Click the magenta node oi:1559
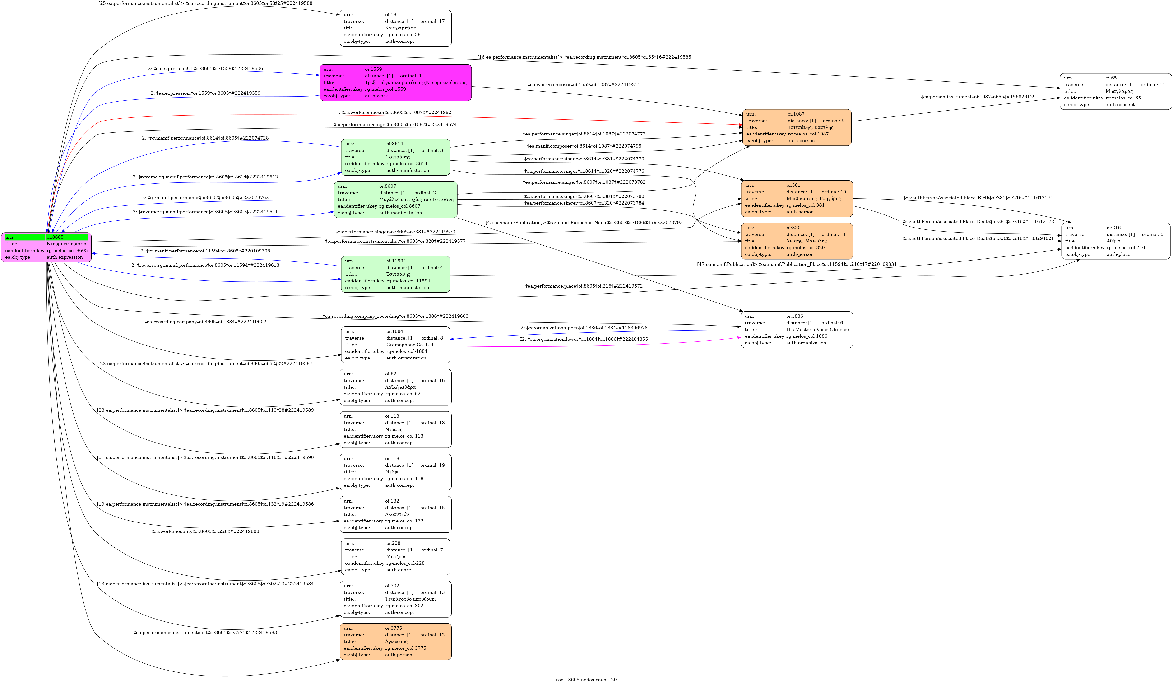point(395,82)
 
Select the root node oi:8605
point(46,247)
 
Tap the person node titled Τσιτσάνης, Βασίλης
point(796,127)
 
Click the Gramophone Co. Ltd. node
point(395,345)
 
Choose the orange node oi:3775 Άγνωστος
point(395,641)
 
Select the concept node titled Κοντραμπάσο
point(395,28)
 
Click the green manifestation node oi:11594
point(395,274)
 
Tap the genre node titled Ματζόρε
point(395,556)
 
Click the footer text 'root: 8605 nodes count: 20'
point(586,679)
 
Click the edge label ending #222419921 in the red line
point(395,112)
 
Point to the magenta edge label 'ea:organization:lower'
point(584,339)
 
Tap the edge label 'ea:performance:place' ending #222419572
point(584,286)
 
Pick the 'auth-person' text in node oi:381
point(800,212)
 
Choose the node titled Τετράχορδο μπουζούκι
point(395,599)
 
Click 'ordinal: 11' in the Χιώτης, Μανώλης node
point(833,234)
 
